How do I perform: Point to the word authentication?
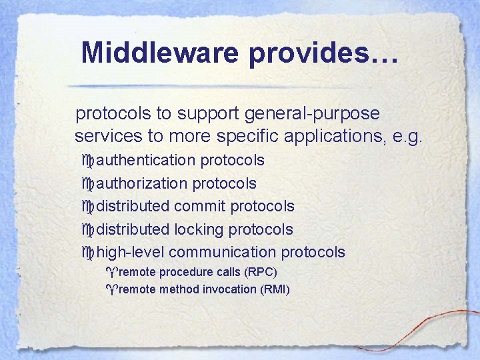pos(146,161)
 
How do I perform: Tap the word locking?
pos(199,229)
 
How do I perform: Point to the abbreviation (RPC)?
pos(260,272)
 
